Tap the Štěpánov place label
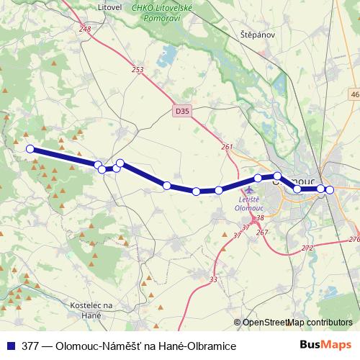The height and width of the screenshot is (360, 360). point(258,34)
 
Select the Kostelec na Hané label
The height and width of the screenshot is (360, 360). point(94,309)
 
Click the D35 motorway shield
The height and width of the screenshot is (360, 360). point(182,111)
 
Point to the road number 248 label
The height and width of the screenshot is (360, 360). point(86,29)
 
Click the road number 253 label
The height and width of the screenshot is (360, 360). point(138,70)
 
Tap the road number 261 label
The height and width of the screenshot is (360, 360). point(228,147)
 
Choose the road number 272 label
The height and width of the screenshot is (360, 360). point(307,248)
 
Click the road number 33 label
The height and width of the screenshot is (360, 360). point(213,279)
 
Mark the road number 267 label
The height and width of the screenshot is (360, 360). point(261,232)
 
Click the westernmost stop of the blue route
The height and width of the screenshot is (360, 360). point(30,149)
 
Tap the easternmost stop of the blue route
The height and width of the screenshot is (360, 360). point(330,189)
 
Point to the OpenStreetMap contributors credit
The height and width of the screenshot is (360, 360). point(296,323)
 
